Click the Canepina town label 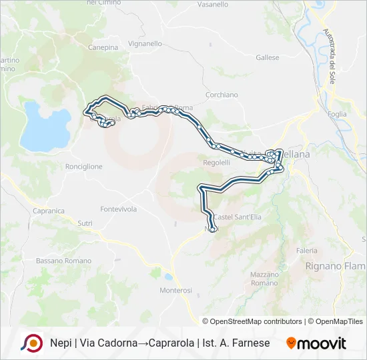point(103,47)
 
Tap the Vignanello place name point(145,43)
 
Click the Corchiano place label point(222,95)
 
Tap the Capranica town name point(48,211)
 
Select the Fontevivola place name point(118,209)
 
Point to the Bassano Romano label point(63,261)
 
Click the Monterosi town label point(175,290)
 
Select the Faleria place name point(307,251)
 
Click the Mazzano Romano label point(264,279)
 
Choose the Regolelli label point(216,162)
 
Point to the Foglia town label point(338,114)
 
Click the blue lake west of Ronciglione point(45,125)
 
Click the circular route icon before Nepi point(31,343)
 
